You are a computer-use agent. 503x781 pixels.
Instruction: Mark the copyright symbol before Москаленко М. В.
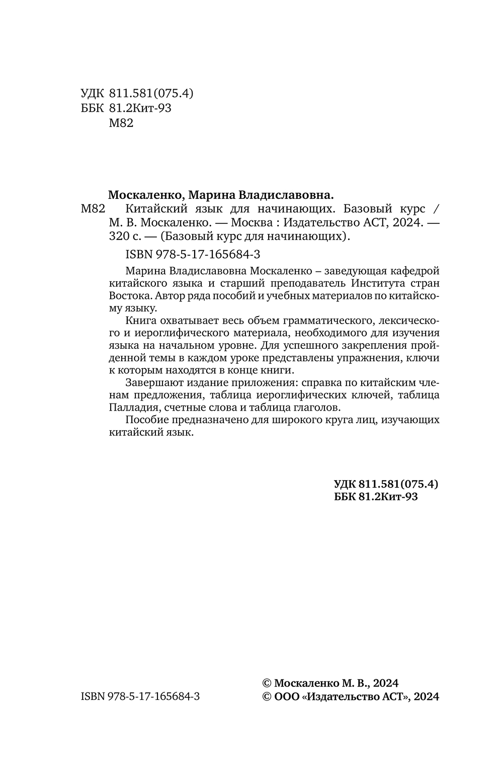pyautogui.click(x=267, y=683)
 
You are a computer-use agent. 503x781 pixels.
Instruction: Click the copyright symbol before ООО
pyautogui.click(x=267, y=696)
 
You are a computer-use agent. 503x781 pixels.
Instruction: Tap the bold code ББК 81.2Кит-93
pyautogui.click(x=376, y=497)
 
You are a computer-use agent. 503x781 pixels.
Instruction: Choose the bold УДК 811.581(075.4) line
pyautogui.click(x=386, y=484)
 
